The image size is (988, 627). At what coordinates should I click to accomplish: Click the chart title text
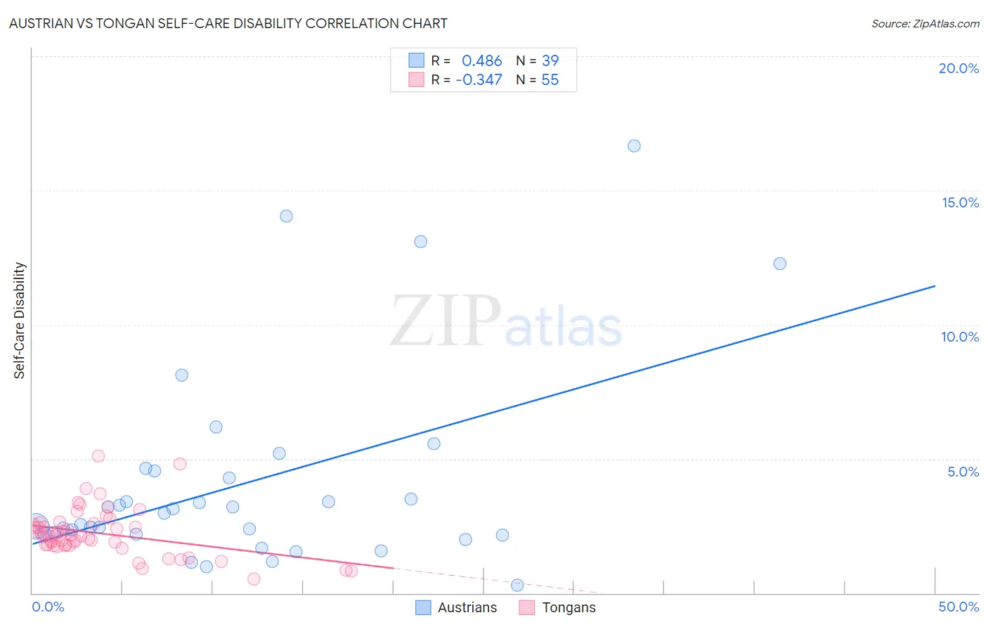(x=228, y=23)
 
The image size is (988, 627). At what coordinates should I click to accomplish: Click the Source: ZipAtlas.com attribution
(x=925, y=23)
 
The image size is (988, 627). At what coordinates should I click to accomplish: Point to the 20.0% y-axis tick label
(x=958, y=68)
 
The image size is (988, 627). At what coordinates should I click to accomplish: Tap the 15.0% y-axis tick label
(x=960, y=202)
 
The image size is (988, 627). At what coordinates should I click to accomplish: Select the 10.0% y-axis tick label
(x=960, y=337)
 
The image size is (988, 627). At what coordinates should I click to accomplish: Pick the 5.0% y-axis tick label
(x=963, y=472)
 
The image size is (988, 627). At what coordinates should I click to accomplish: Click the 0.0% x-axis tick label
(x=48, y=607)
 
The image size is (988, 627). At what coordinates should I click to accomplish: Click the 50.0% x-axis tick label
(x=958, y=607)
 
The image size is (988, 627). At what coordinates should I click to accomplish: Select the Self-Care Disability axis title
(x=20, y=321)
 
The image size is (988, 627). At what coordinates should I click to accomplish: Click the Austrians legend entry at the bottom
(x=467, y=607)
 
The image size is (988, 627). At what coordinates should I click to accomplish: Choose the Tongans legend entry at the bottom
(x=568, y=607)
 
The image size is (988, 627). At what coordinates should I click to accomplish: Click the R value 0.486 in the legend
(x=481, y=61)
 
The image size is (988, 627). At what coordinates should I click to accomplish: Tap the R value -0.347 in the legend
(x=479, y=80)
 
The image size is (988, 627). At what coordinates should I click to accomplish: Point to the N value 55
(x=550, y=80)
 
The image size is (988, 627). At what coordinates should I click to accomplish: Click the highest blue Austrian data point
(x=634, y=146)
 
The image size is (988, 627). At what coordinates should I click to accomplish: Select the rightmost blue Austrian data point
(x=779, y=264)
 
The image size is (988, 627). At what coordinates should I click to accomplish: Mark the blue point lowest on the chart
(x=517, y=585)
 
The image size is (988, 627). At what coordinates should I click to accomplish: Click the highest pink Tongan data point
(x=98, y=456)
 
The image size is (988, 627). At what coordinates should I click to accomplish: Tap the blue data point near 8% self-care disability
(x=181, y=375)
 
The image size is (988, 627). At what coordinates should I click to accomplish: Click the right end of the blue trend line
(x=935, y=286)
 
